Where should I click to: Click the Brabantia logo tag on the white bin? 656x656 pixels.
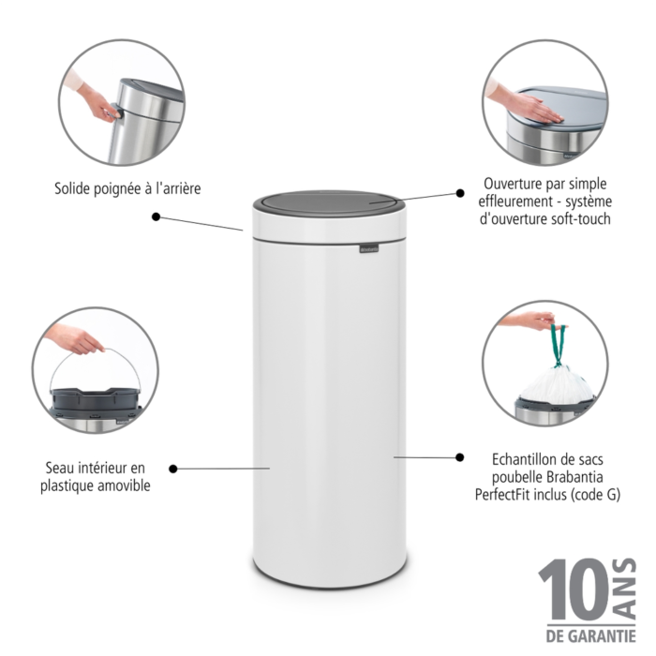[x=369, y=249]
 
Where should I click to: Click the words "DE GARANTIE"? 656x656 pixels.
[x=590, y=636]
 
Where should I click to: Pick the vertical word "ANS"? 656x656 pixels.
[x=626, y=589]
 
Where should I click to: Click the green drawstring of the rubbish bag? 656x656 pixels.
[x=558, y=345]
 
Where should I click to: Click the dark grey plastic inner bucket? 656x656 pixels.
[x=95, y=400]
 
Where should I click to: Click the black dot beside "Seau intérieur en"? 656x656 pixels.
[x=173, y=469]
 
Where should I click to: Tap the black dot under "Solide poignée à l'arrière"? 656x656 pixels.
[x=157, y=216]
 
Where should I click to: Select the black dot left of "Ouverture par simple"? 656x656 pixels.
[x=460, y=193]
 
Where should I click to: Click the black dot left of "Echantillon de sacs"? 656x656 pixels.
[x=460, y=457]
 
